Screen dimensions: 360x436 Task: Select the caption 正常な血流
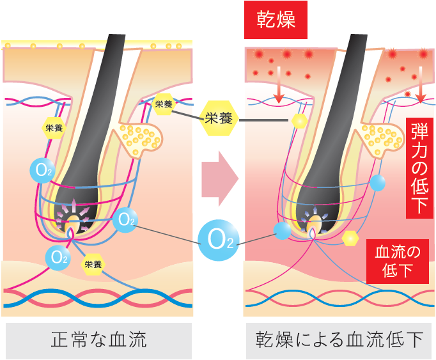click(x=98, y=340)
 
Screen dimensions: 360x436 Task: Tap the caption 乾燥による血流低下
click(x=339, y=340)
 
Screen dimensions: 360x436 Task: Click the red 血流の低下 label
click(x=397, y=261)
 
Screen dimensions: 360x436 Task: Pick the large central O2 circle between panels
click(x=219, y=240)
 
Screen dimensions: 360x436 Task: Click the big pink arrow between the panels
click(x=219, y=178)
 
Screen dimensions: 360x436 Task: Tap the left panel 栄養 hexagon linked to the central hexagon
click(x=164, y=104)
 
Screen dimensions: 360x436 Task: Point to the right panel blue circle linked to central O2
click(x=282, y=231)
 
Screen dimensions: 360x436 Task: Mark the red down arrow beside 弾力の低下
click(x=420, y=90)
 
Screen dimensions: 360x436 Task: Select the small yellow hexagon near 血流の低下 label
click(x=350, y=238)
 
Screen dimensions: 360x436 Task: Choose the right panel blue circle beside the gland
click(x=378, y=183)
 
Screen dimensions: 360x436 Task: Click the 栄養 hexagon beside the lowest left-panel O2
click(x=92, y=263)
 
